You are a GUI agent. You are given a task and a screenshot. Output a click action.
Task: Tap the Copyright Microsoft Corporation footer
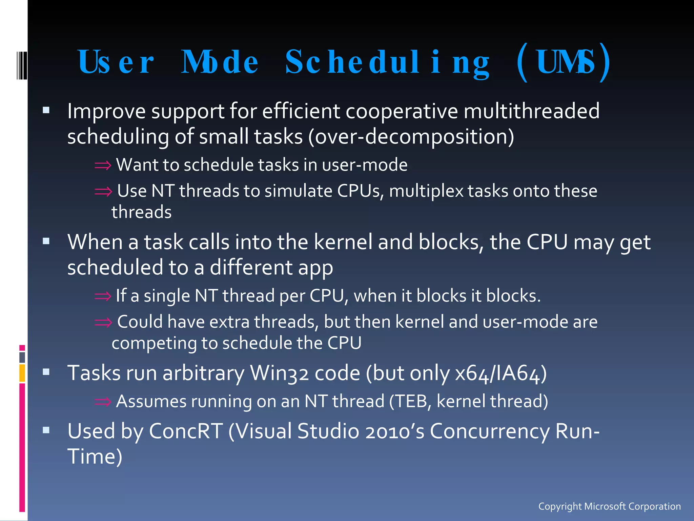[609, 506]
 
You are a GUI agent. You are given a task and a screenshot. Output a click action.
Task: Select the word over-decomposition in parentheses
[411, 137]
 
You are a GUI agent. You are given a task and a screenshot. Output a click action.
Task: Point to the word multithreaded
[531, 111]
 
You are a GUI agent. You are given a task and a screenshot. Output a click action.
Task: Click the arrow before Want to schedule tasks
[103, 166]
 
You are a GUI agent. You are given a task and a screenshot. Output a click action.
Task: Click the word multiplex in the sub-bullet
[426, 191]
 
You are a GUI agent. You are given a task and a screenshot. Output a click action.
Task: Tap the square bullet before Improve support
[46, 110]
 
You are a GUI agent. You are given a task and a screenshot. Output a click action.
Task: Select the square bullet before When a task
[46, 241]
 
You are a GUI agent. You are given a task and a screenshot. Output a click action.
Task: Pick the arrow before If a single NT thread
[103, 296]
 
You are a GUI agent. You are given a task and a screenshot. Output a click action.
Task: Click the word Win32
[279, 373]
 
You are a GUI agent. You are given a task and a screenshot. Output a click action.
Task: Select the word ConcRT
[186, 431]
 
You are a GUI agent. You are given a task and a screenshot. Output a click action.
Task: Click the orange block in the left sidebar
[22, 373]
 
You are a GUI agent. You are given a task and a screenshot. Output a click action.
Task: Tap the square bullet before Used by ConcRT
[46, 430]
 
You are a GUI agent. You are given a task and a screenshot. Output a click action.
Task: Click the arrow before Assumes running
[103, 402]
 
